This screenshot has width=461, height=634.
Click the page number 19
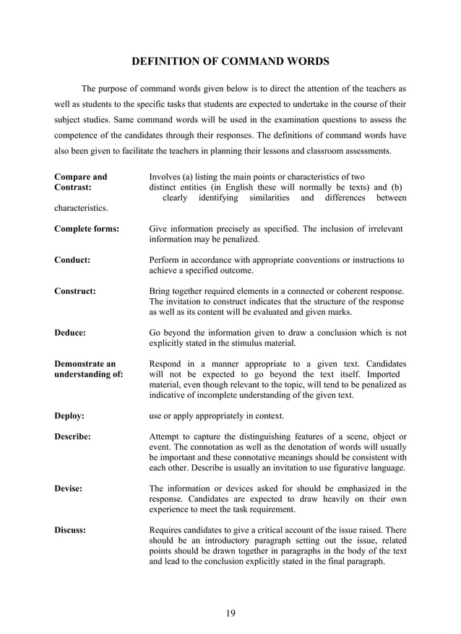coord(231,614)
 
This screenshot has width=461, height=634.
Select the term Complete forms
coord(87,229)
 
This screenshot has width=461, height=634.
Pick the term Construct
coord(75,291)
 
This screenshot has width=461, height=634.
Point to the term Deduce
coord(70,333)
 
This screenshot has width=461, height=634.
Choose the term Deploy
coord(69,416)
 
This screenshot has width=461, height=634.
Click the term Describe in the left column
coord(73,437)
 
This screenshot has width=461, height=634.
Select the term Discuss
coord(71,530)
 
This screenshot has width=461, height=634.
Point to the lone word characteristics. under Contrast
coord(81,208)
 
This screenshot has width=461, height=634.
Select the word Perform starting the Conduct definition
coord(166,260)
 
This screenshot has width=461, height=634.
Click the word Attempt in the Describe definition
coord(167,437)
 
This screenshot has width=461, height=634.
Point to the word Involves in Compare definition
coord(168,177)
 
